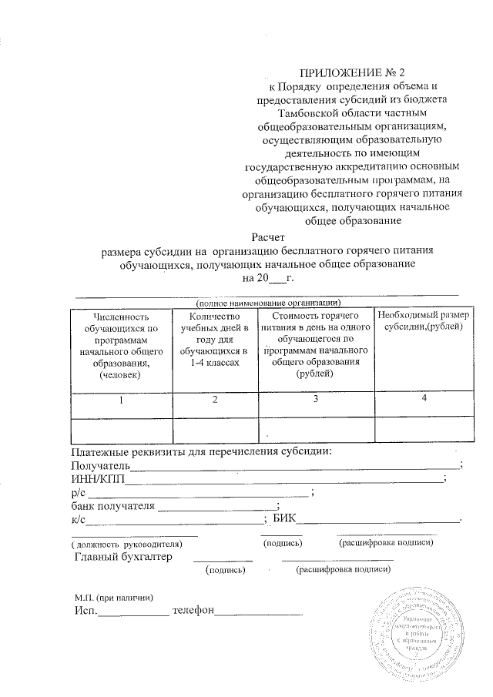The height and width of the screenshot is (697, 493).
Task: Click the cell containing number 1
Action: (x=120, y=400)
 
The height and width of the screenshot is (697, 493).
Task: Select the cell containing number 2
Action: (x=215, y=400)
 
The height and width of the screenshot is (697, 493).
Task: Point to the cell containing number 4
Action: (x=424, y=398)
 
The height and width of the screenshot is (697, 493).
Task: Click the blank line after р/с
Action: (x=200, y=493)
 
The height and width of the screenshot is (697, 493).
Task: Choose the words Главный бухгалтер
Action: (x=123, y=557)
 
